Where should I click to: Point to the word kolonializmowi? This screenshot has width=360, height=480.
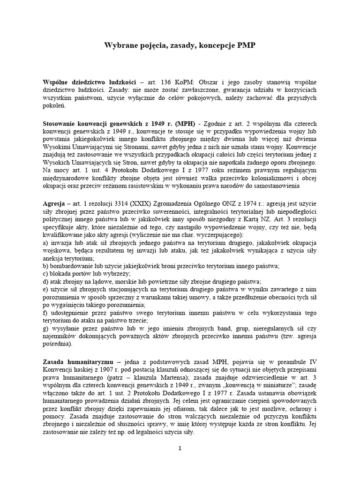click(266, 177)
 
